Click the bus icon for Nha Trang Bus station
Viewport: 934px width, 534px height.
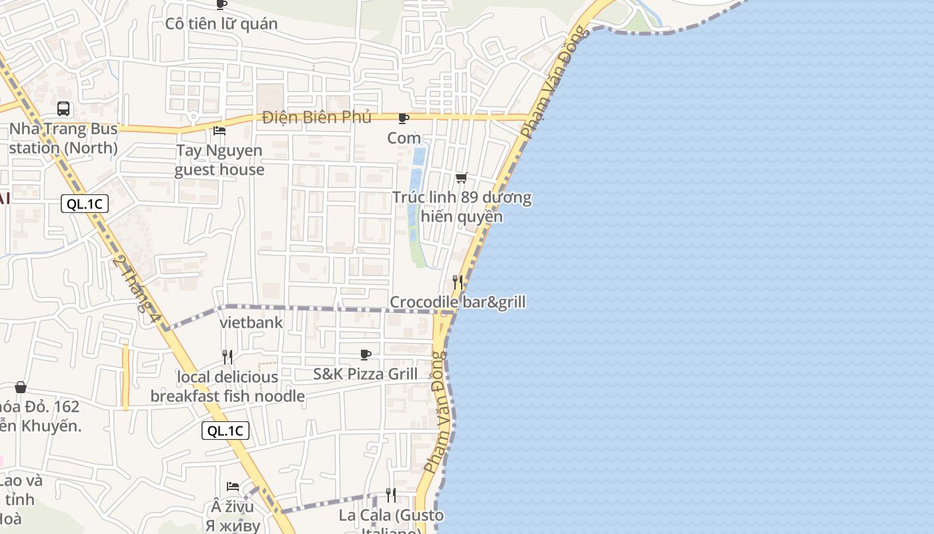click(63, 108)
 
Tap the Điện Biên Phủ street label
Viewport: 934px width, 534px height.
click(317, 117)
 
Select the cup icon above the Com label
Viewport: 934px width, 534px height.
click(403, 118)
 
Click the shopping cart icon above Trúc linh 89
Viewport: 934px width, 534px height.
click(461, 178)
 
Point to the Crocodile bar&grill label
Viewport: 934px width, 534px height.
click(458, 302)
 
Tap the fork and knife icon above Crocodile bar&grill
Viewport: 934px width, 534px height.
click(458, 282)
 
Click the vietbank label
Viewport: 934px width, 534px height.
click(252, 323)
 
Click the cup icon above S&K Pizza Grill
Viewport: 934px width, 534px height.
click(365, 354)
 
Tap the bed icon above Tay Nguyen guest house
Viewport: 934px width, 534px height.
click(219, 130)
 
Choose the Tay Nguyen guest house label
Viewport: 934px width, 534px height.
click(219, 160)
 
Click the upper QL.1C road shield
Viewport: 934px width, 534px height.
click(85, 204)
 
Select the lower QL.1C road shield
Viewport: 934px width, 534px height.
click(225, 431)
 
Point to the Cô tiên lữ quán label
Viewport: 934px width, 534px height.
click(221, 24)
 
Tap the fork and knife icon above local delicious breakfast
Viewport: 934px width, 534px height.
click(227, 357)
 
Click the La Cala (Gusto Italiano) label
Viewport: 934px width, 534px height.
click(391, 517)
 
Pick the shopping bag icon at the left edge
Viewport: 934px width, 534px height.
click(21, 387)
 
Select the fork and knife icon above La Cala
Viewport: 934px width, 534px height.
click(391, 495)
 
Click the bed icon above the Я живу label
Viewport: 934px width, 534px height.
click(233, 487)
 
